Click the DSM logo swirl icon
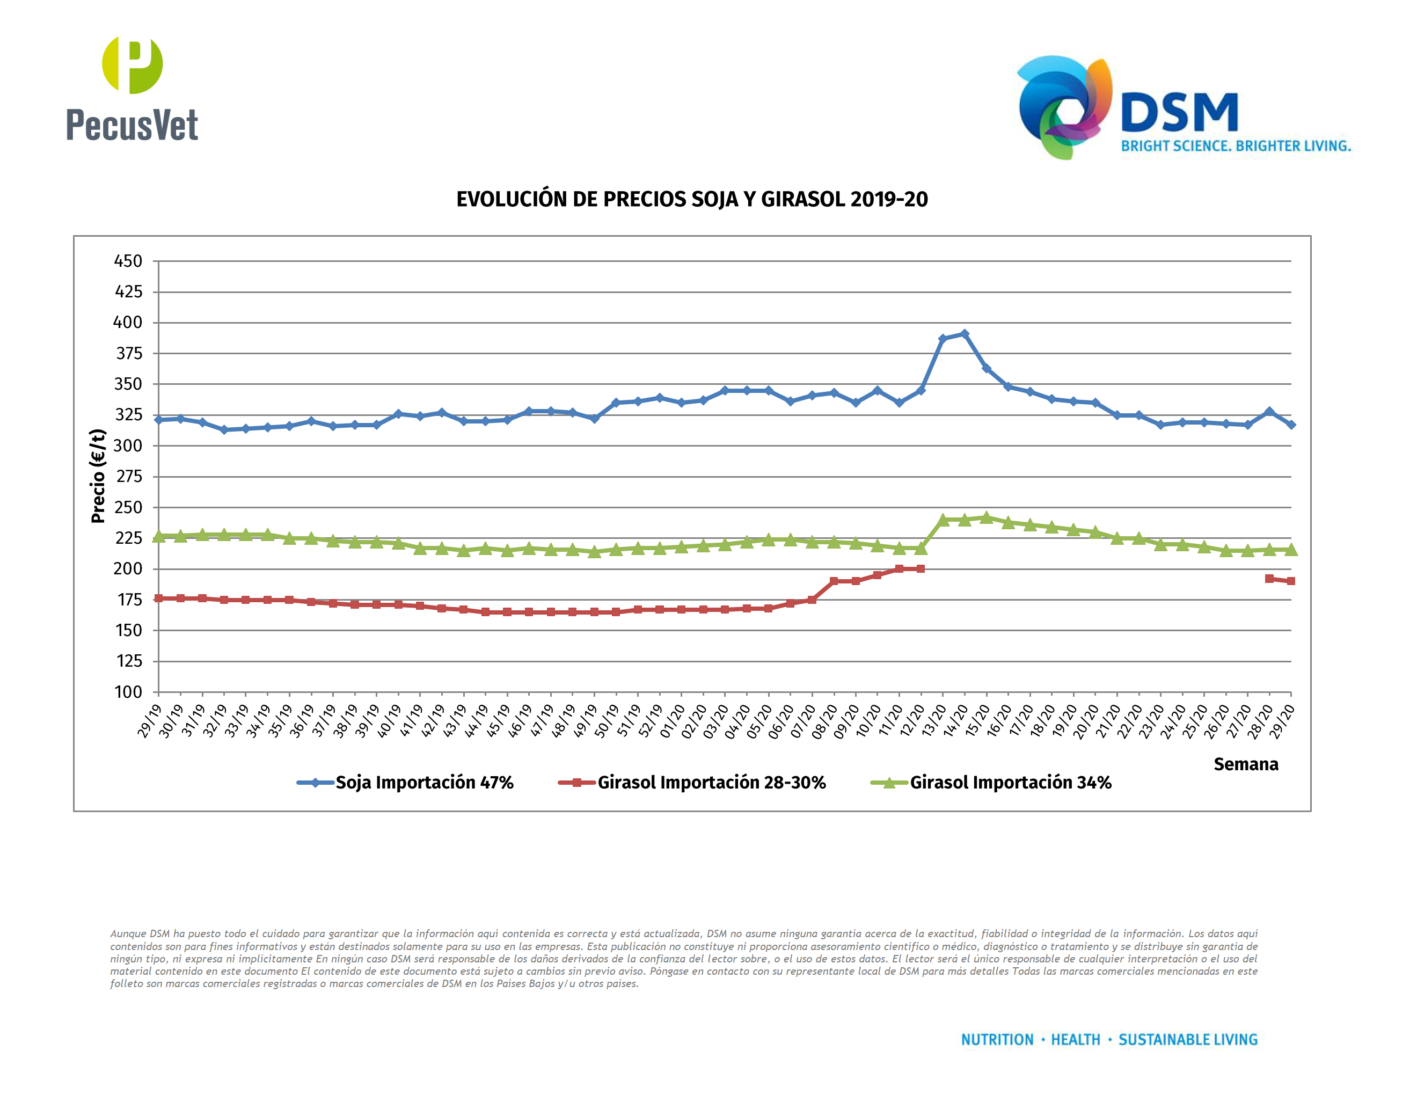tap(1064, 107)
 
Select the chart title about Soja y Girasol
tap(692, 199)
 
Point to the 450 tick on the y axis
tap(128, 261)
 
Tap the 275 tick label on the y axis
tap(128, 476)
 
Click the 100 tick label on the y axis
tap(128, 691)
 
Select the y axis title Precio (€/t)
tap(98, 476)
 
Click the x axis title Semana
tap(1245, 764)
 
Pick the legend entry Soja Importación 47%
tap(423, 782)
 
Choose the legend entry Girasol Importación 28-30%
tap(711, 782)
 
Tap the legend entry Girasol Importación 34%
tap(1010, 782)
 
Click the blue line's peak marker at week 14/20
tap(964, 334)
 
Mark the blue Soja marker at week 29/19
tap(158, 420)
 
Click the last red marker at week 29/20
tap(1290, 581)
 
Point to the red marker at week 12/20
tap(920, 569)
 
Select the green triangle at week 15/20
tap(986, 517)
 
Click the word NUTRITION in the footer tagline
tap(997, 1040)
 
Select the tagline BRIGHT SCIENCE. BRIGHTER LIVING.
tap(1236, 146)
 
